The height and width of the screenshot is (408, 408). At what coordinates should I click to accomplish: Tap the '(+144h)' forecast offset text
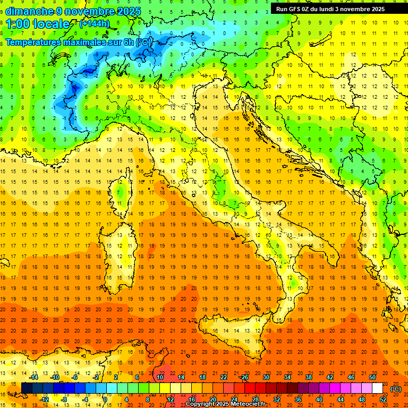click(94, 23)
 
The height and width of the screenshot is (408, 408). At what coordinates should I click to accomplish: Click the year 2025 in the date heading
click(129, 11)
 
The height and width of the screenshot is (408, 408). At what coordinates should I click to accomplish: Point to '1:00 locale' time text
click(38, 24)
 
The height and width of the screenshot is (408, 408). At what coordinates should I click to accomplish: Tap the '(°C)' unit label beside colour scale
click(396, 389)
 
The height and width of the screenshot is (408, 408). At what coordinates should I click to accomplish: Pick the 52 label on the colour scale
click(383, 399)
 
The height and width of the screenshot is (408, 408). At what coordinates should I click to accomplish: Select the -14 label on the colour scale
click(33, 377)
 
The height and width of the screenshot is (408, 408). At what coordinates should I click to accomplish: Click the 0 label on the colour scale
click(105, 399)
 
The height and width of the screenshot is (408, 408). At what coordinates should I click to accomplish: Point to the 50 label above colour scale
click(372, 377)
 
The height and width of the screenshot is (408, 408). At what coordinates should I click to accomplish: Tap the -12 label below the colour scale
click(45, 399)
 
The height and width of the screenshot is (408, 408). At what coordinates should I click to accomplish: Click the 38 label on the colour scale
click(308, 377)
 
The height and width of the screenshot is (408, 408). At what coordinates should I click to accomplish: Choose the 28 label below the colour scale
click(255, 399)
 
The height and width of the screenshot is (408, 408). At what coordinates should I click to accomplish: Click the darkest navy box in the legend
click(27, 388)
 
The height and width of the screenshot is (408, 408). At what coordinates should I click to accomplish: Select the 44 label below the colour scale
click(341, 399)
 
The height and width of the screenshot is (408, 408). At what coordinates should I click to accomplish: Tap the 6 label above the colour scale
click(137, 377)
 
